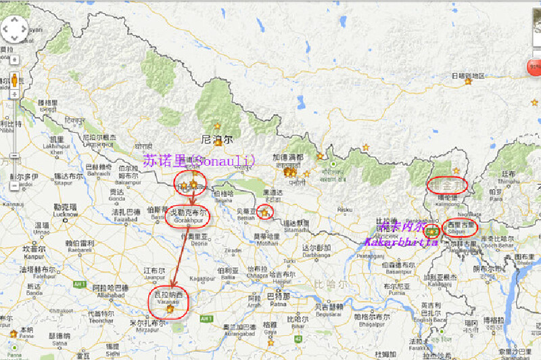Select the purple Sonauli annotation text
[199, 160]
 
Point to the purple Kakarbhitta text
[401, 241]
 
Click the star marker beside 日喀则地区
[467, 82]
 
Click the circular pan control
[15, 30]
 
